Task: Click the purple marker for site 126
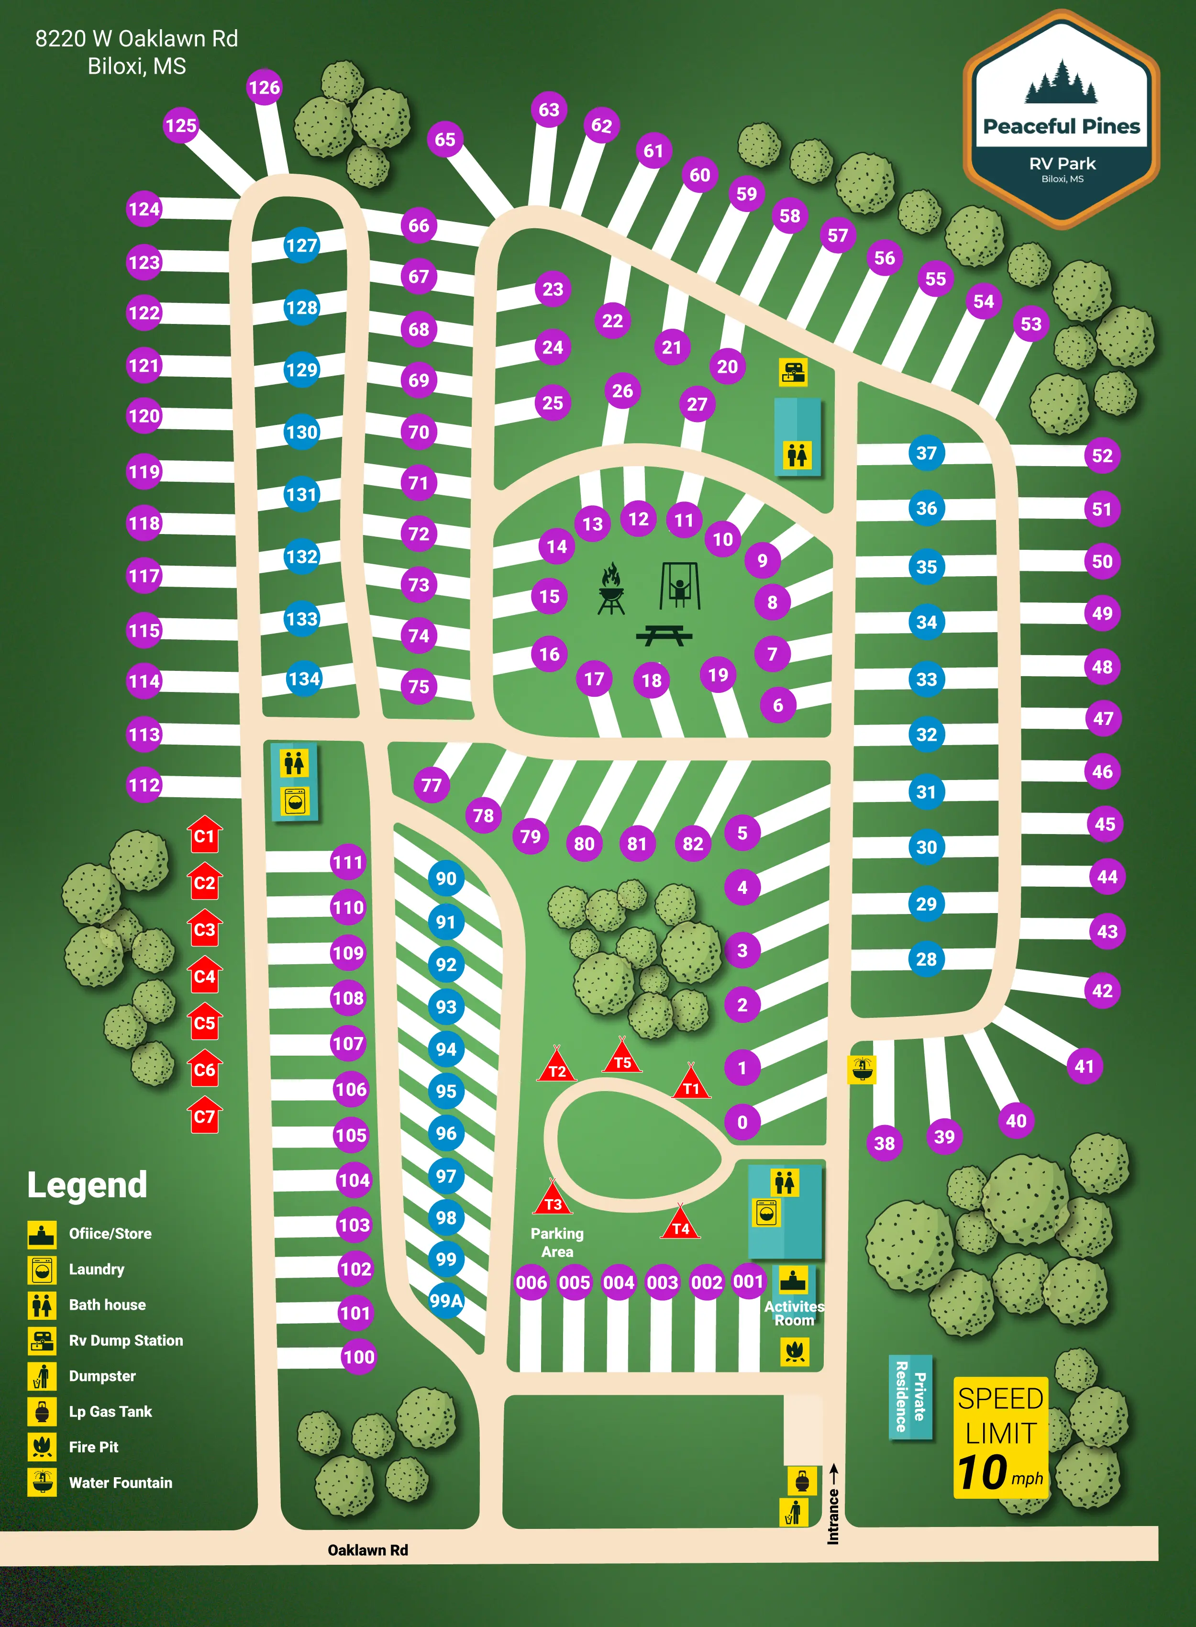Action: tap(264, 88)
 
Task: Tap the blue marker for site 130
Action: tap(301, 432)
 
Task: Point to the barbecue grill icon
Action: tap(611, 589)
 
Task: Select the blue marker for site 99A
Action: tap(446, 1301)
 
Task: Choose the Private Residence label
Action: tap(910, 1397)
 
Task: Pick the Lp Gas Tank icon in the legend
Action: tap(42, 1411)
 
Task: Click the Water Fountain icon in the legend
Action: tap(42, 1482)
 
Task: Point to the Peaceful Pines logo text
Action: tap(1062, 127)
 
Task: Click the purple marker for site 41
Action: tap(1084, 1066)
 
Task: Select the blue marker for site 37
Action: tap(926, 453)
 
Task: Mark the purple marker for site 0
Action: tap(742, 1122)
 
